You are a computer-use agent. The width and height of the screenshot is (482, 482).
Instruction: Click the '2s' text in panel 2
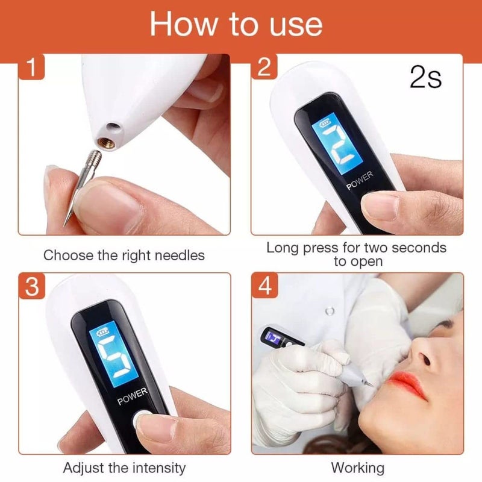click(x=425, y=79)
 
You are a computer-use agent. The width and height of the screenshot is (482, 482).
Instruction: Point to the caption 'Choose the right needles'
click(x=124, y=255)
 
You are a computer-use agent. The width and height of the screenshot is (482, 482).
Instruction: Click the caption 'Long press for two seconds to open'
click(x=356, y=254)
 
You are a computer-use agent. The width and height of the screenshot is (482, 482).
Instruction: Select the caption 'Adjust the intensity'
click(x=124, y=468)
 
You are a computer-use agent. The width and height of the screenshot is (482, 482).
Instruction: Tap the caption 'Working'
click(x=357, y=468)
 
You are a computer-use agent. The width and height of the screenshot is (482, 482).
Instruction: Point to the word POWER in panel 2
click(x=360, y=181)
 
